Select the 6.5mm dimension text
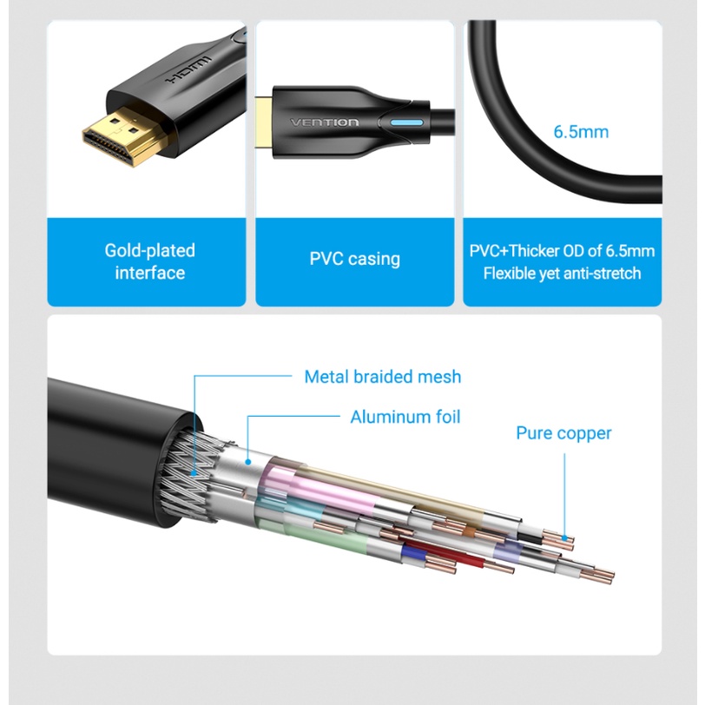click(581, 132)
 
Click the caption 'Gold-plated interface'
click(150, 261)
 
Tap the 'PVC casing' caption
click(354, 259)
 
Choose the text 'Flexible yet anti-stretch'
click(562, 273)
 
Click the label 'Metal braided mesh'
click(382, 377)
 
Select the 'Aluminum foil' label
click(405, 417)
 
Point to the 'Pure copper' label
click(563, 433)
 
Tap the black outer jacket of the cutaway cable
click(113, 434)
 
